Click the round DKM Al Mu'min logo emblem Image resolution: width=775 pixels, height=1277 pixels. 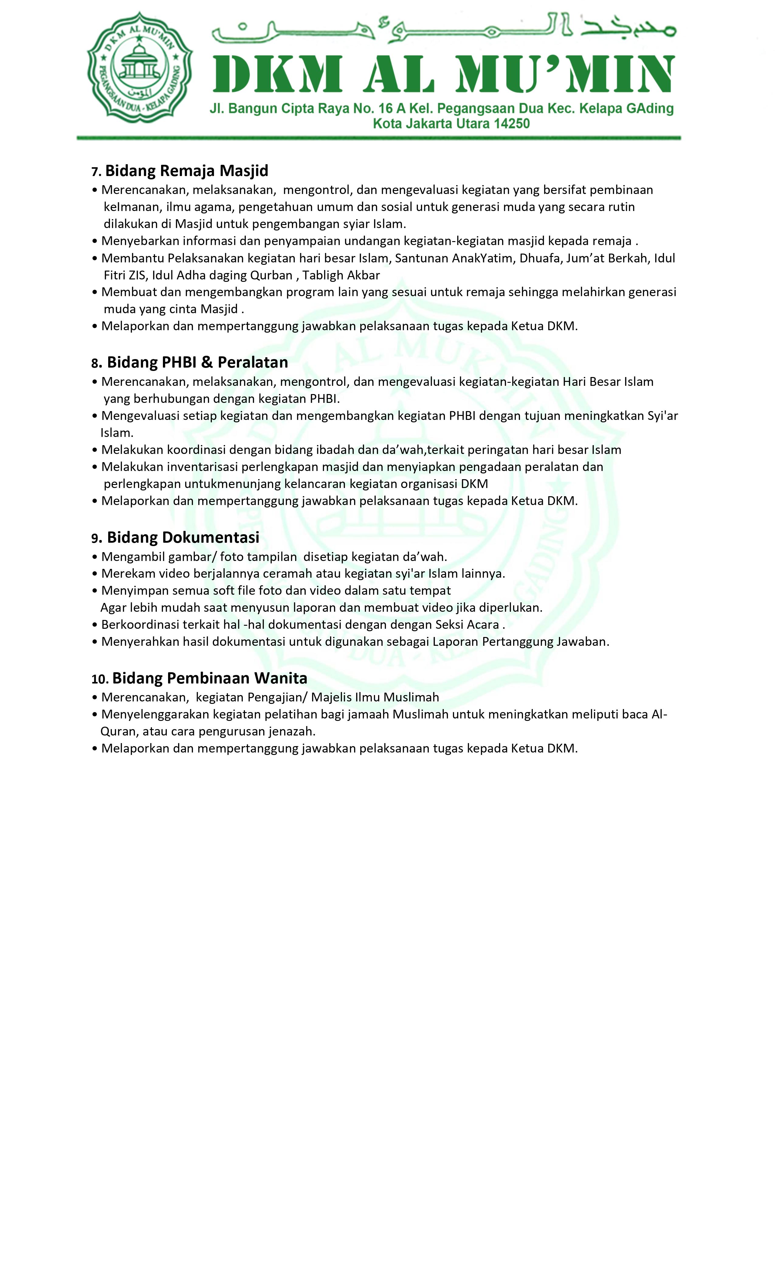(140, 67)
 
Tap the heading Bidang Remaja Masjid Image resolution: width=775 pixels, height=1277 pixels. (187, 171)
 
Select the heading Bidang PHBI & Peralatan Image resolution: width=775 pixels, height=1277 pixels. (197, 362)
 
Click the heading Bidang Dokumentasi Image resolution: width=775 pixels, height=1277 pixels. (183, 537)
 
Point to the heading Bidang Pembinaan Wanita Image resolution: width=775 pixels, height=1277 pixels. (210, 678)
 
